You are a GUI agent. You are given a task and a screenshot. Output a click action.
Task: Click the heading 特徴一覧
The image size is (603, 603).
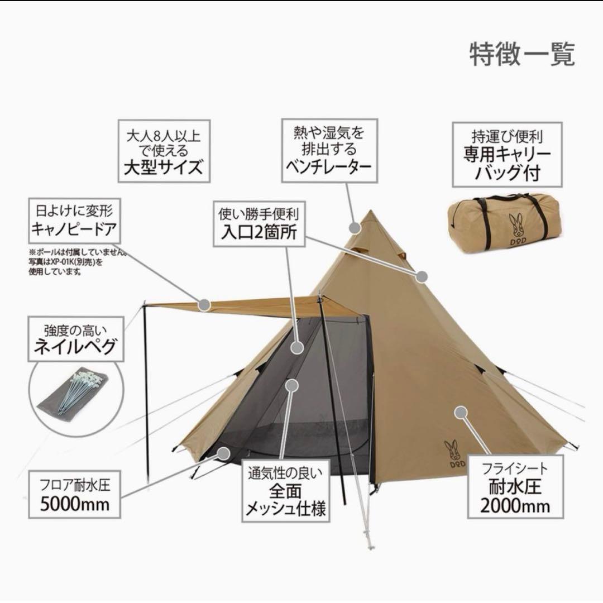point(522,54)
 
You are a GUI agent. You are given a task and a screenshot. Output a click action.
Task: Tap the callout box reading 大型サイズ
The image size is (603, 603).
point(164,151)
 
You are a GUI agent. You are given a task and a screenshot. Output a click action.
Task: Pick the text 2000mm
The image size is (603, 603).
point(515,505)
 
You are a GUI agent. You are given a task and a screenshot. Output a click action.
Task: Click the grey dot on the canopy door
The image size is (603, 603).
point(204,305)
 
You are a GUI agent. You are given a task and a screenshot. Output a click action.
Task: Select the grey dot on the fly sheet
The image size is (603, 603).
point(460,413)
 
